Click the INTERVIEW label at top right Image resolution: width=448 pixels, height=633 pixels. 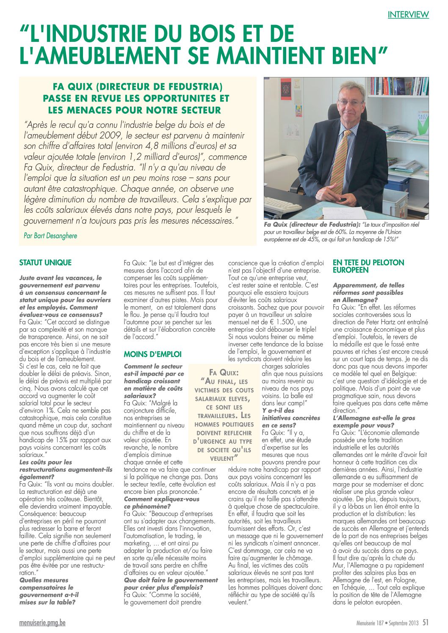[x=408, y=14]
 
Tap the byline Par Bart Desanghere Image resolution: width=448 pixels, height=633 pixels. [x=50, y=236]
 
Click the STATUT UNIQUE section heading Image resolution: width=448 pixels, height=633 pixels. [x=45, y=263]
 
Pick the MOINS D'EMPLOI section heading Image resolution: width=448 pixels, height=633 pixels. [x=152, y=355]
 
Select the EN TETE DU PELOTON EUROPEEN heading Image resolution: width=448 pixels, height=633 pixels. [x=368, y=266]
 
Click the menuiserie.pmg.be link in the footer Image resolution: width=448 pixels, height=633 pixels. [x=42, y=623]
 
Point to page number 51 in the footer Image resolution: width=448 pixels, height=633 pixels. [x=426, y=622]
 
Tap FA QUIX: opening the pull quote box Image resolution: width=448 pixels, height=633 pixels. [x=224, y=373]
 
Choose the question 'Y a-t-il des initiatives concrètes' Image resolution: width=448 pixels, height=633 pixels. [x=291, y=414]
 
